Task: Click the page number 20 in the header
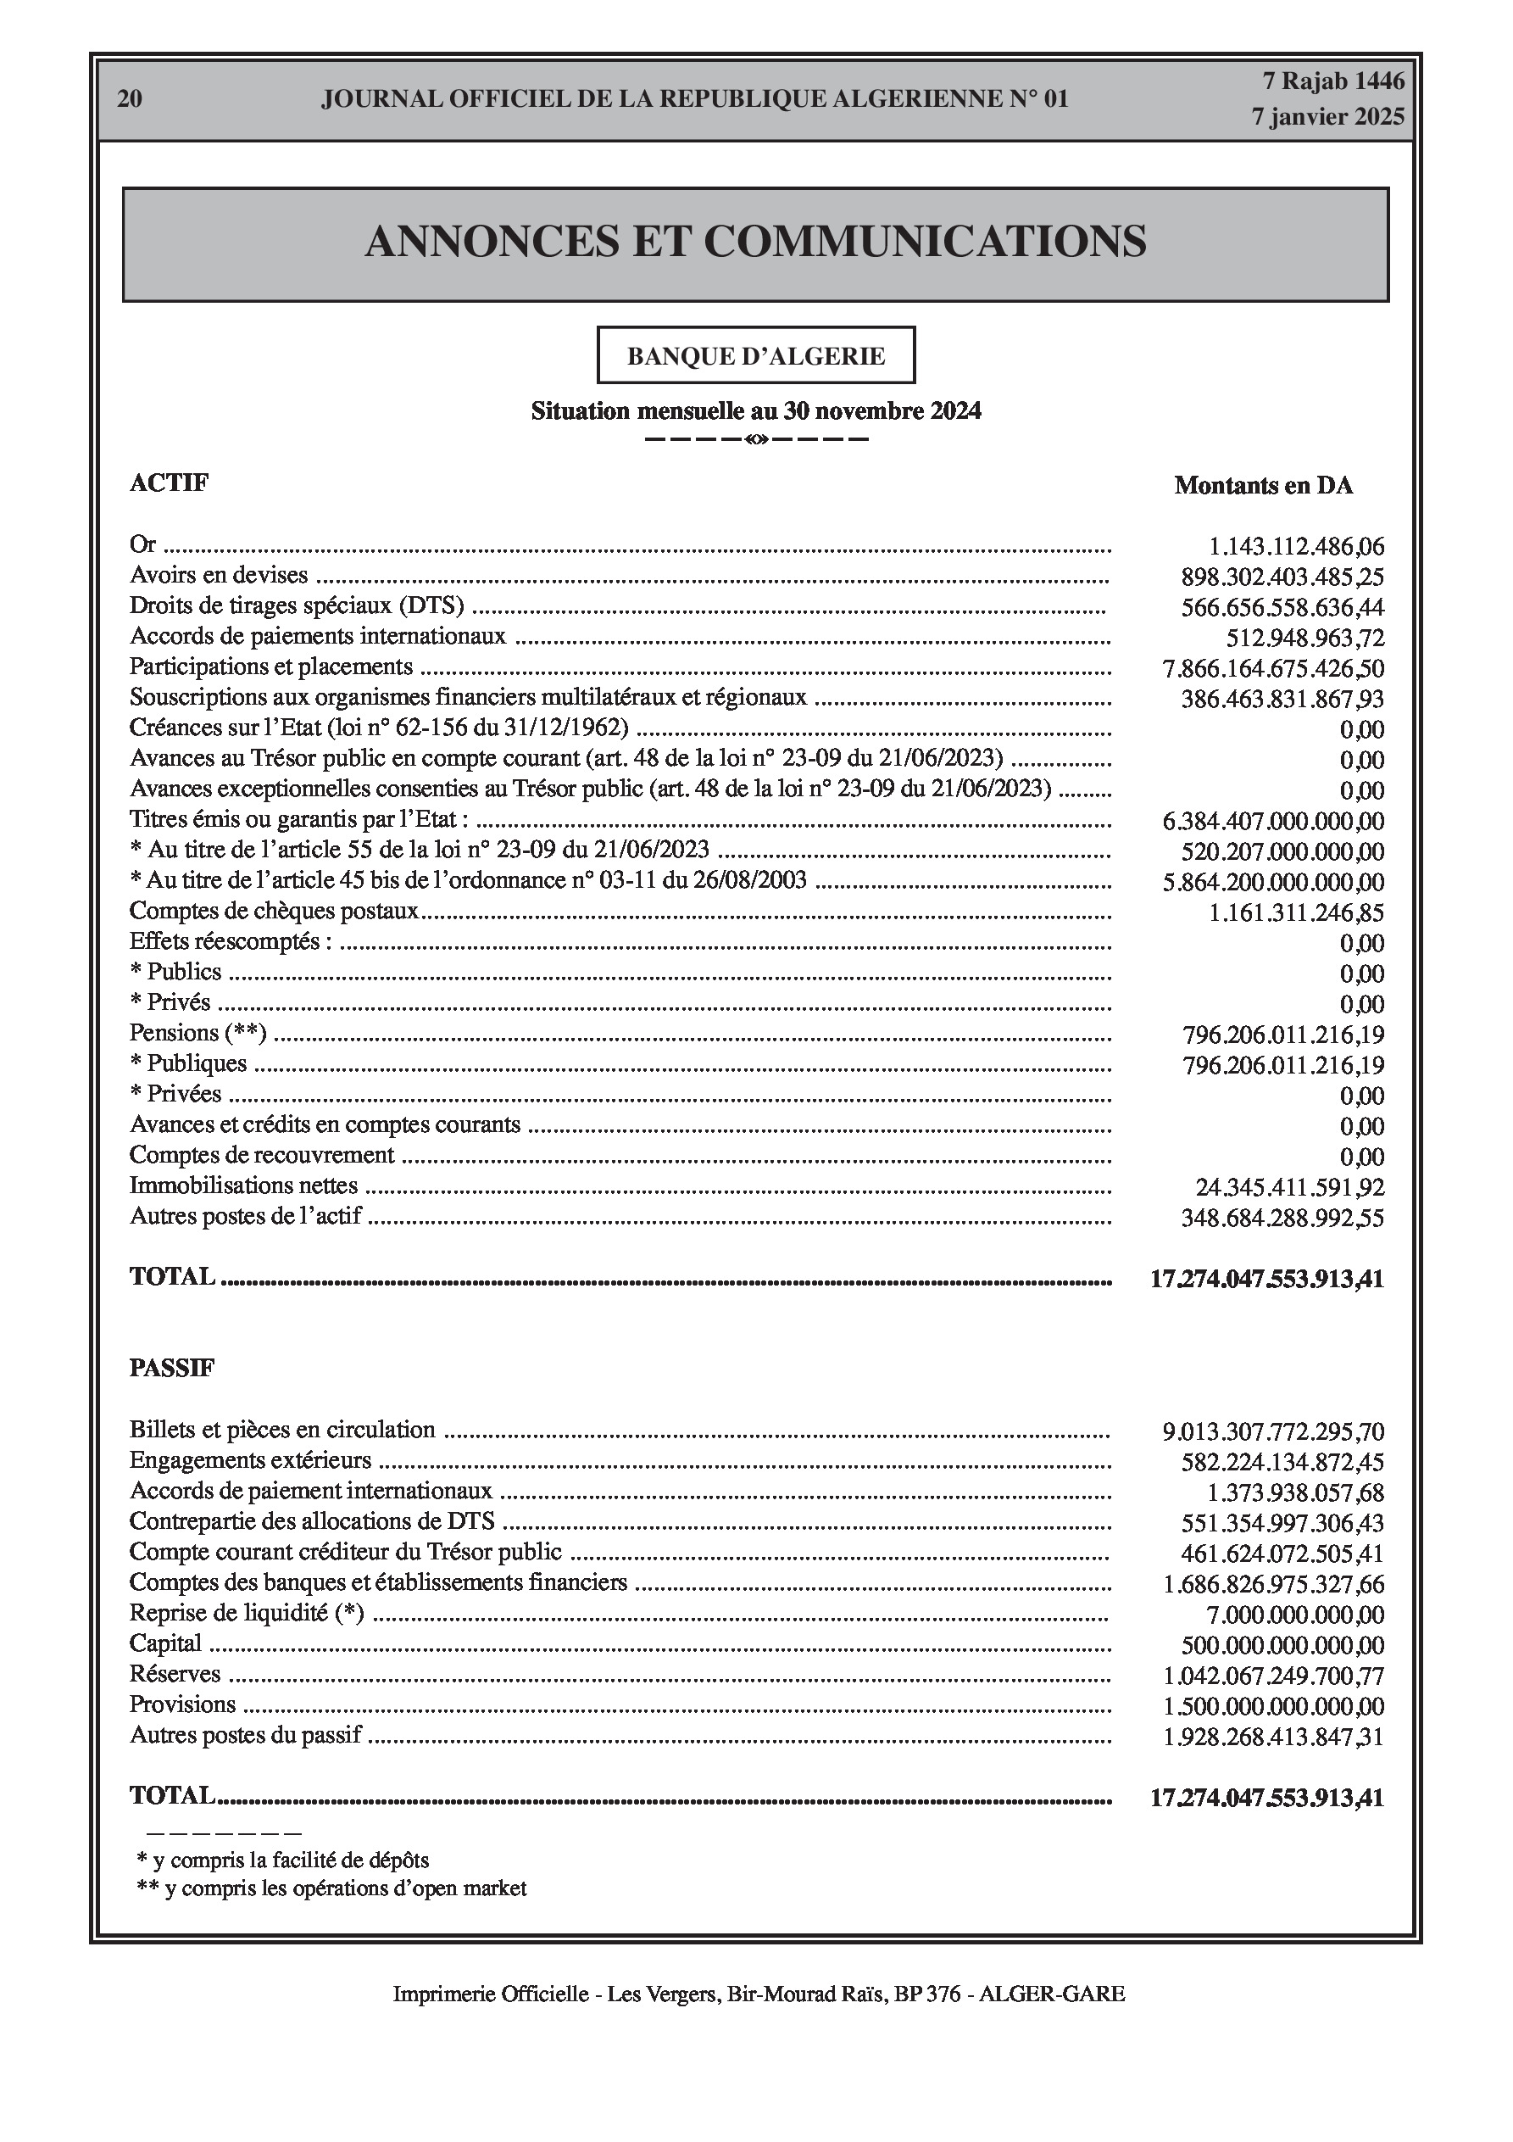(130, 99)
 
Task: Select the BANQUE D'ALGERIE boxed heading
(755, 356)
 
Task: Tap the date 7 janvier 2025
(1327, 118)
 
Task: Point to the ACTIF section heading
(169, 483)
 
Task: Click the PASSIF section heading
(171, 1368)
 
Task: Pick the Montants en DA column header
(1263, 486)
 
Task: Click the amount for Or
(1297, 547)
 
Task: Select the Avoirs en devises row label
(219, 576)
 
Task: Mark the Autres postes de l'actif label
(245, 1217)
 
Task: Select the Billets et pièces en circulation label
(281, 1429)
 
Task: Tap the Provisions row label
(183, 1704)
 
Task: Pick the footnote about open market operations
(331, 1888)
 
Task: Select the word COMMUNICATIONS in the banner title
(925, 242)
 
